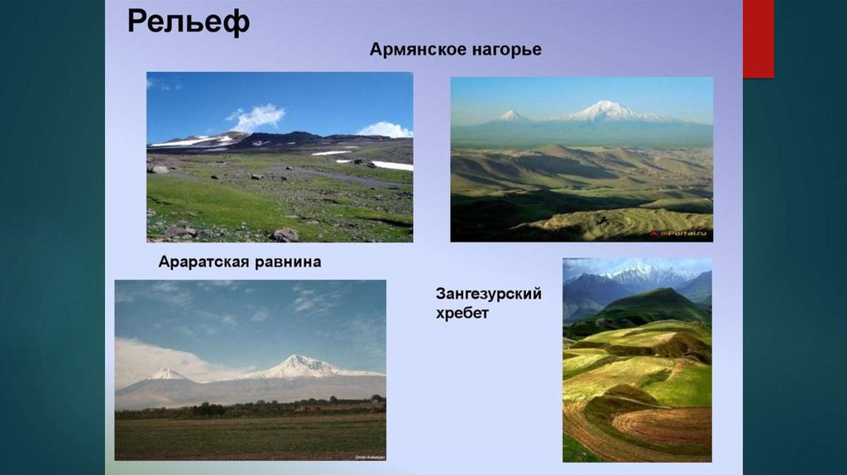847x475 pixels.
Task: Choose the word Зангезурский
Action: click(x=489, y=295)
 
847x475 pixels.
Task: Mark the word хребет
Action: click(x=464, y=314)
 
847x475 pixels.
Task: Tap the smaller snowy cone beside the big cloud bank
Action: click(x=169, y=374)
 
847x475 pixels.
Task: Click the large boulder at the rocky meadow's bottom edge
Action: click(x=285, y=234)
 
